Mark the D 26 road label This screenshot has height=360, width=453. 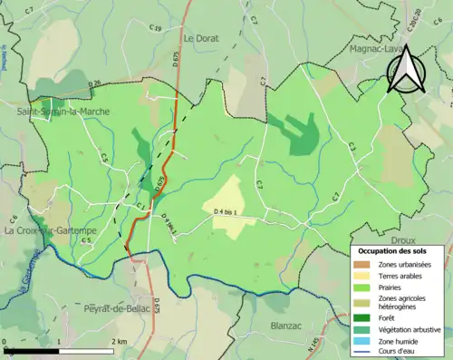[94, 84]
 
